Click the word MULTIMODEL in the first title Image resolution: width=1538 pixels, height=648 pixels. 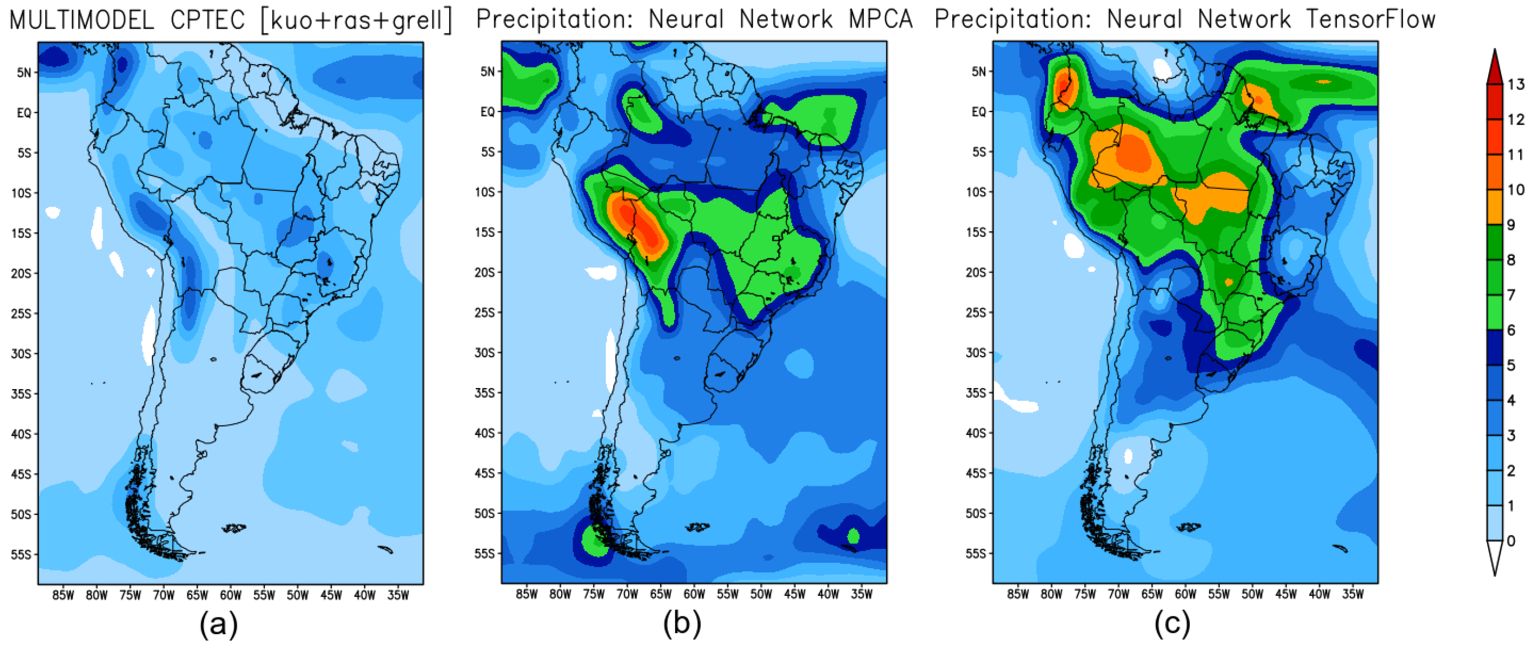pos(82,21)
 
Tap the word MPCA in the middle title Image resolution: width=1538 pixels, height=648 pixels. pos(881,20)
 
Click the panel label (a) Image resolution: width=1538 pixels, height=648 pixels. pos(218,624)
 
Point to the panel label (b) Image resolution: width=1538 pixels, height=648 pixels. pos(682,624)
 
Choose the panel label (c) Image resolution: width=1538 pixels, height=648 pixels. pos(1172,624)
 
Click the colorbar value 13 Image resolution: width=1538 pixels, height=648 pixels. pos(1515,85)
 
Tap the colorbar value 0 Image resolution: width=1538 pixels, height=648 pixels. pos(1511,541)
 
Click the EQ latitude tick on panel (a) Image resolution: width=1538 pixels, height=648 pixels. pos(24,113)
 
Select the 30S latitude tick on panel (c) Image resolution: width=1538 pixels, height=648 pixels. pos(977,353)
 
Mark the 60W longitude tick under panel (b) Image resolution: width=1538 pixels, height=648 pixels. pos(694,594)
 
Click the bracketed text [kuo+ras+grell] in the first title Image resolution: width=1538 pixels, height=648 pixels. pos(357,21)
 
